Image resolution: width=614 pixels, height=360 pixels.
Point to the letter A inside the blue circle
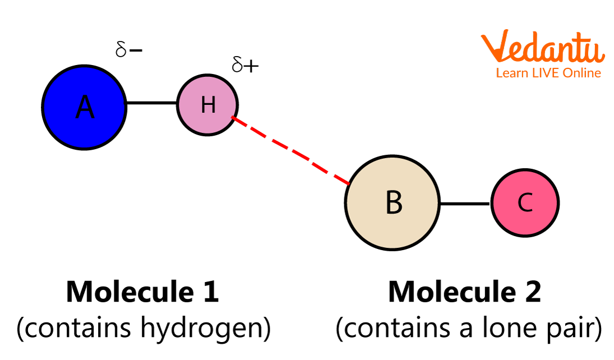point(85,107)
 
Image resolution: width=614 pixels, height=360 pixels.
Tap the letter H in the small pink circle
point(208,105)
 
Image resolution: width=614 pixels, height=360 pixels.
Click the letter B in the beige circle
point(394,202)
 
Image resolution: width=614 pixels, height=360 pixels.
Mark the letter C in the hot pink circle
point(525,202)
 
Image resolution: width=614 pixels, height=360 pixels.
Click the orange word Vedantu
point(542,48)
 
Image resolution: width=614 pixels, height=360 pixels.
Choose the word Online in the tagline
point(583,73)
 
